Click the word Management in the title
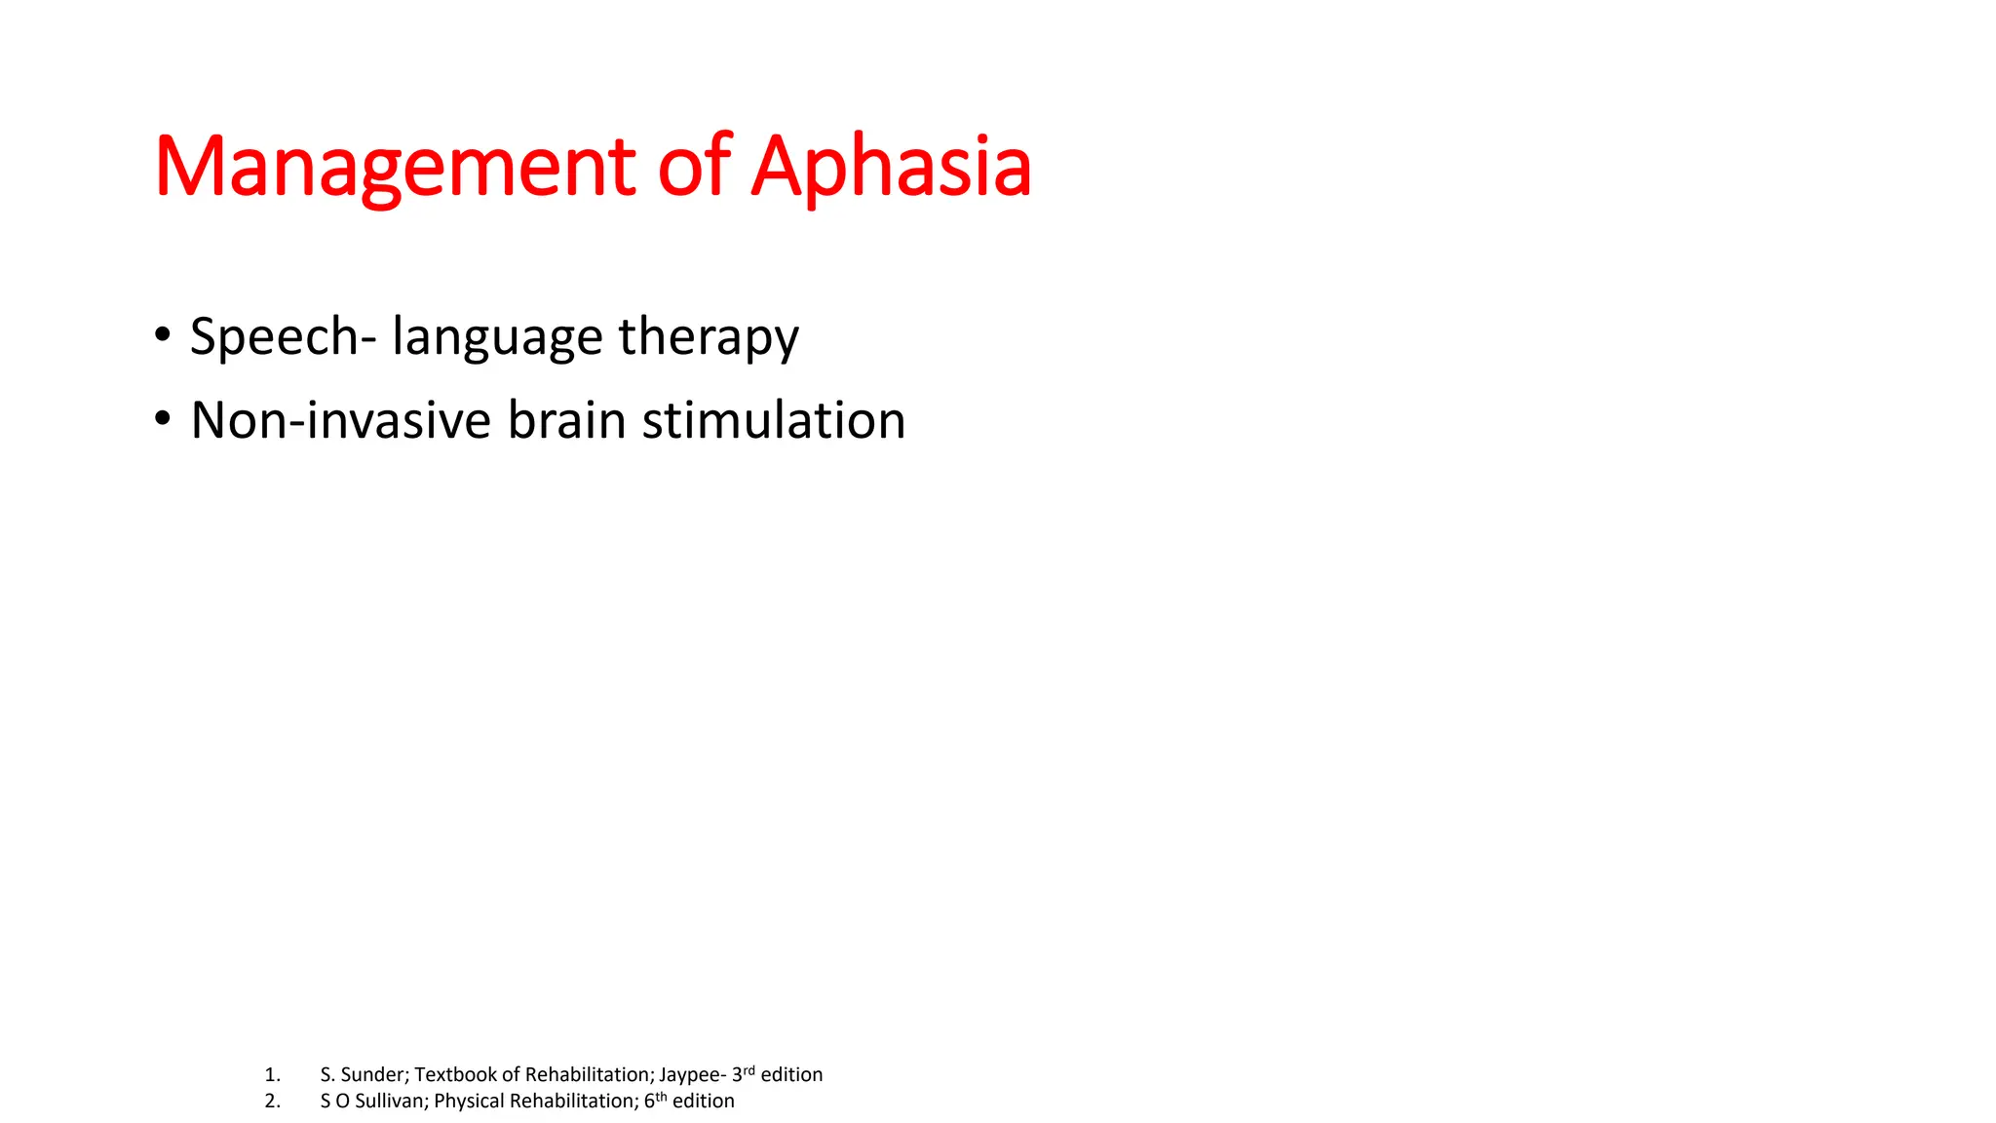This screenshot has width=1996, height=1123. click(395, 168)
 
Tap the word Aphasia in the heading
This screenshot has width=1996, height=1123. click(891, 168)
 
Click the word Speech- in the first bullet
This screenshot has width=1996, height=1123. click(283, 337)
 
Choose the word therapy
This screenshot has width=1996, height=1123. click(709, 337)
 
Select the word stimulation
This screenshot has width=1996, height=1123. click(774, 420)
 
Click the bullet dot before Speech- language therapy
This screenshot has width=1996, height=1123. click(163, 335)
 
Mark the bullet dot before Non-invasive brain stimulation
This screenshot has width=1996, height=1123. click(163, 419)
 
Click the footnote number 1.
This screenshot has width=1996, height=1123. click(272, 1075)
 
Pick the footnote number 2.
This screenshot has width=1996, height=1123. click(272, 1102)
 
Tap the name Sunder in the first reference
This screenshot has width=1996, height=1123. click(374, 1075)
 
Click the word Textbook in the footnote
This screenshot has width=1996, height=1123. click(455, 1075)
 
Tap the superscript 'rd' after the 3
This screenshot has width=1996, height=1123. click(748, 1070)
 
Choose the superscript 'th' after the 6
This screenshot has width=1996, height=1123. click(661, 1097)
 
